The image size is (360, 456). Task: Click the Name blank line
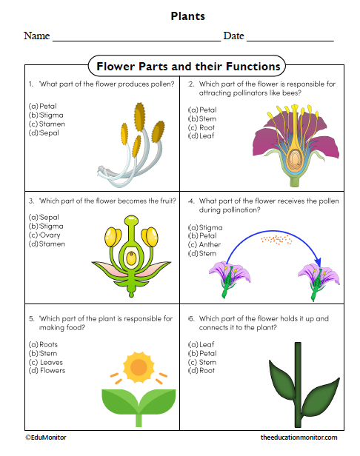pyautogui.click(x=136, y=38)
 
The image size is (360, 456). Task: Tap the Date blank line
pyautogui.click(x=290, y=38)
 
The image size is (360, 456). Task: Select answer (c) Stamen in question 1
pyautogui.click(x=47, y=124)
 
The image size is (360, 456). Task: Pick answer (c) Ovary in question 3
pyautogui.click(x=45, y=235)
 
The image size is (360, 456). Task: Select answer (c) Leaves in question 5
pyautogui.click(x=47, y=362)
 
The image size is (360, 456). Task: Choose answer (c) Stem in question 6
pyautogui.click(x=202, y=362)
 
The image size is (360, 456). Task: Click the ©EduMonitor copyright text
pyautogui.click(x=46, y=437)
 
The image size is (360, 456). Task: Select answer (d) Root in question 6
pyautogui.click(x=202, y=370)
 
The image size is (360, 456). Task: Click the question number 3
pyautogui.click(x=31, y=201)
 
